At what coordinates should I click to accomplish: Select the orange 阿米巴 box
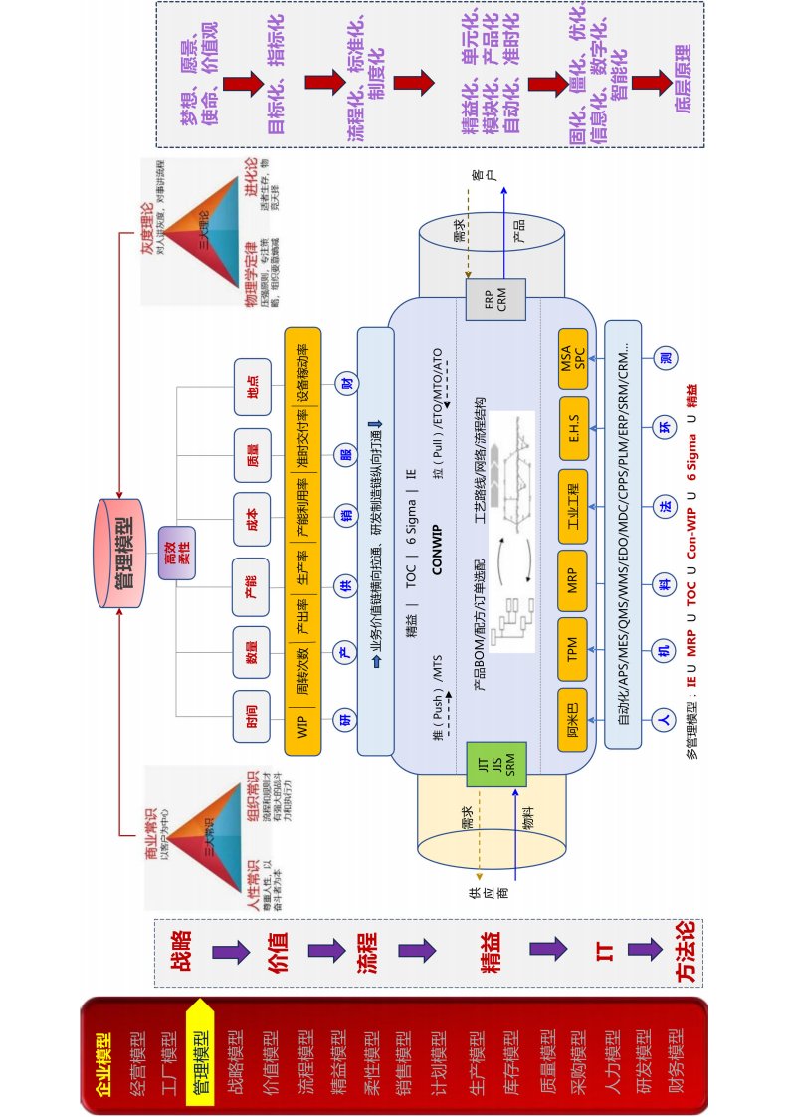point(573,720)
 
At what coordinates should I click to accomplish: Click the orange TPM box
point(573,652)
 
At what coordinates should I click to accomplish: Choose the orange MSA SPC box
point(573,355)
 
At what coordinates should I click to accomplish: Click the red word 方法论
point(686,951)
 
